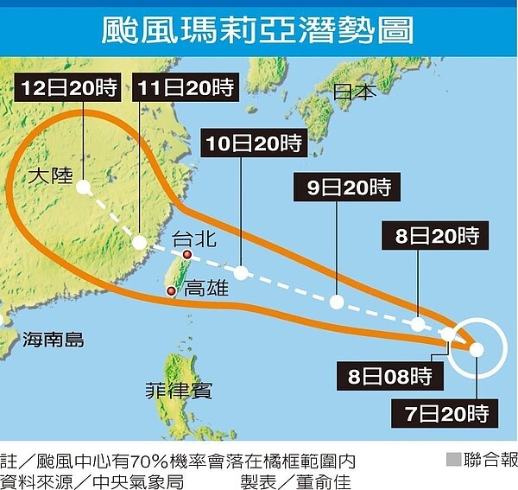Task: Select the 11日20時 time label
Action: coord(186,87)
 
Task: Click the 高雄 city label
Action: coord(207,288)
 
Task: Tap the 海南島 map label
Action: coord(54,339)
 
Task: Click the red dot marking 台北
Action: coord(186,255)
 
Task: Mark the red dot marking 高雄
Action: coord(172,291)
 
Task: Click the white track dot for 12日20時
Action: coord(82,187)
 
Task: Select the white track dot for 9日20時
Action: coord(336,302)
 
